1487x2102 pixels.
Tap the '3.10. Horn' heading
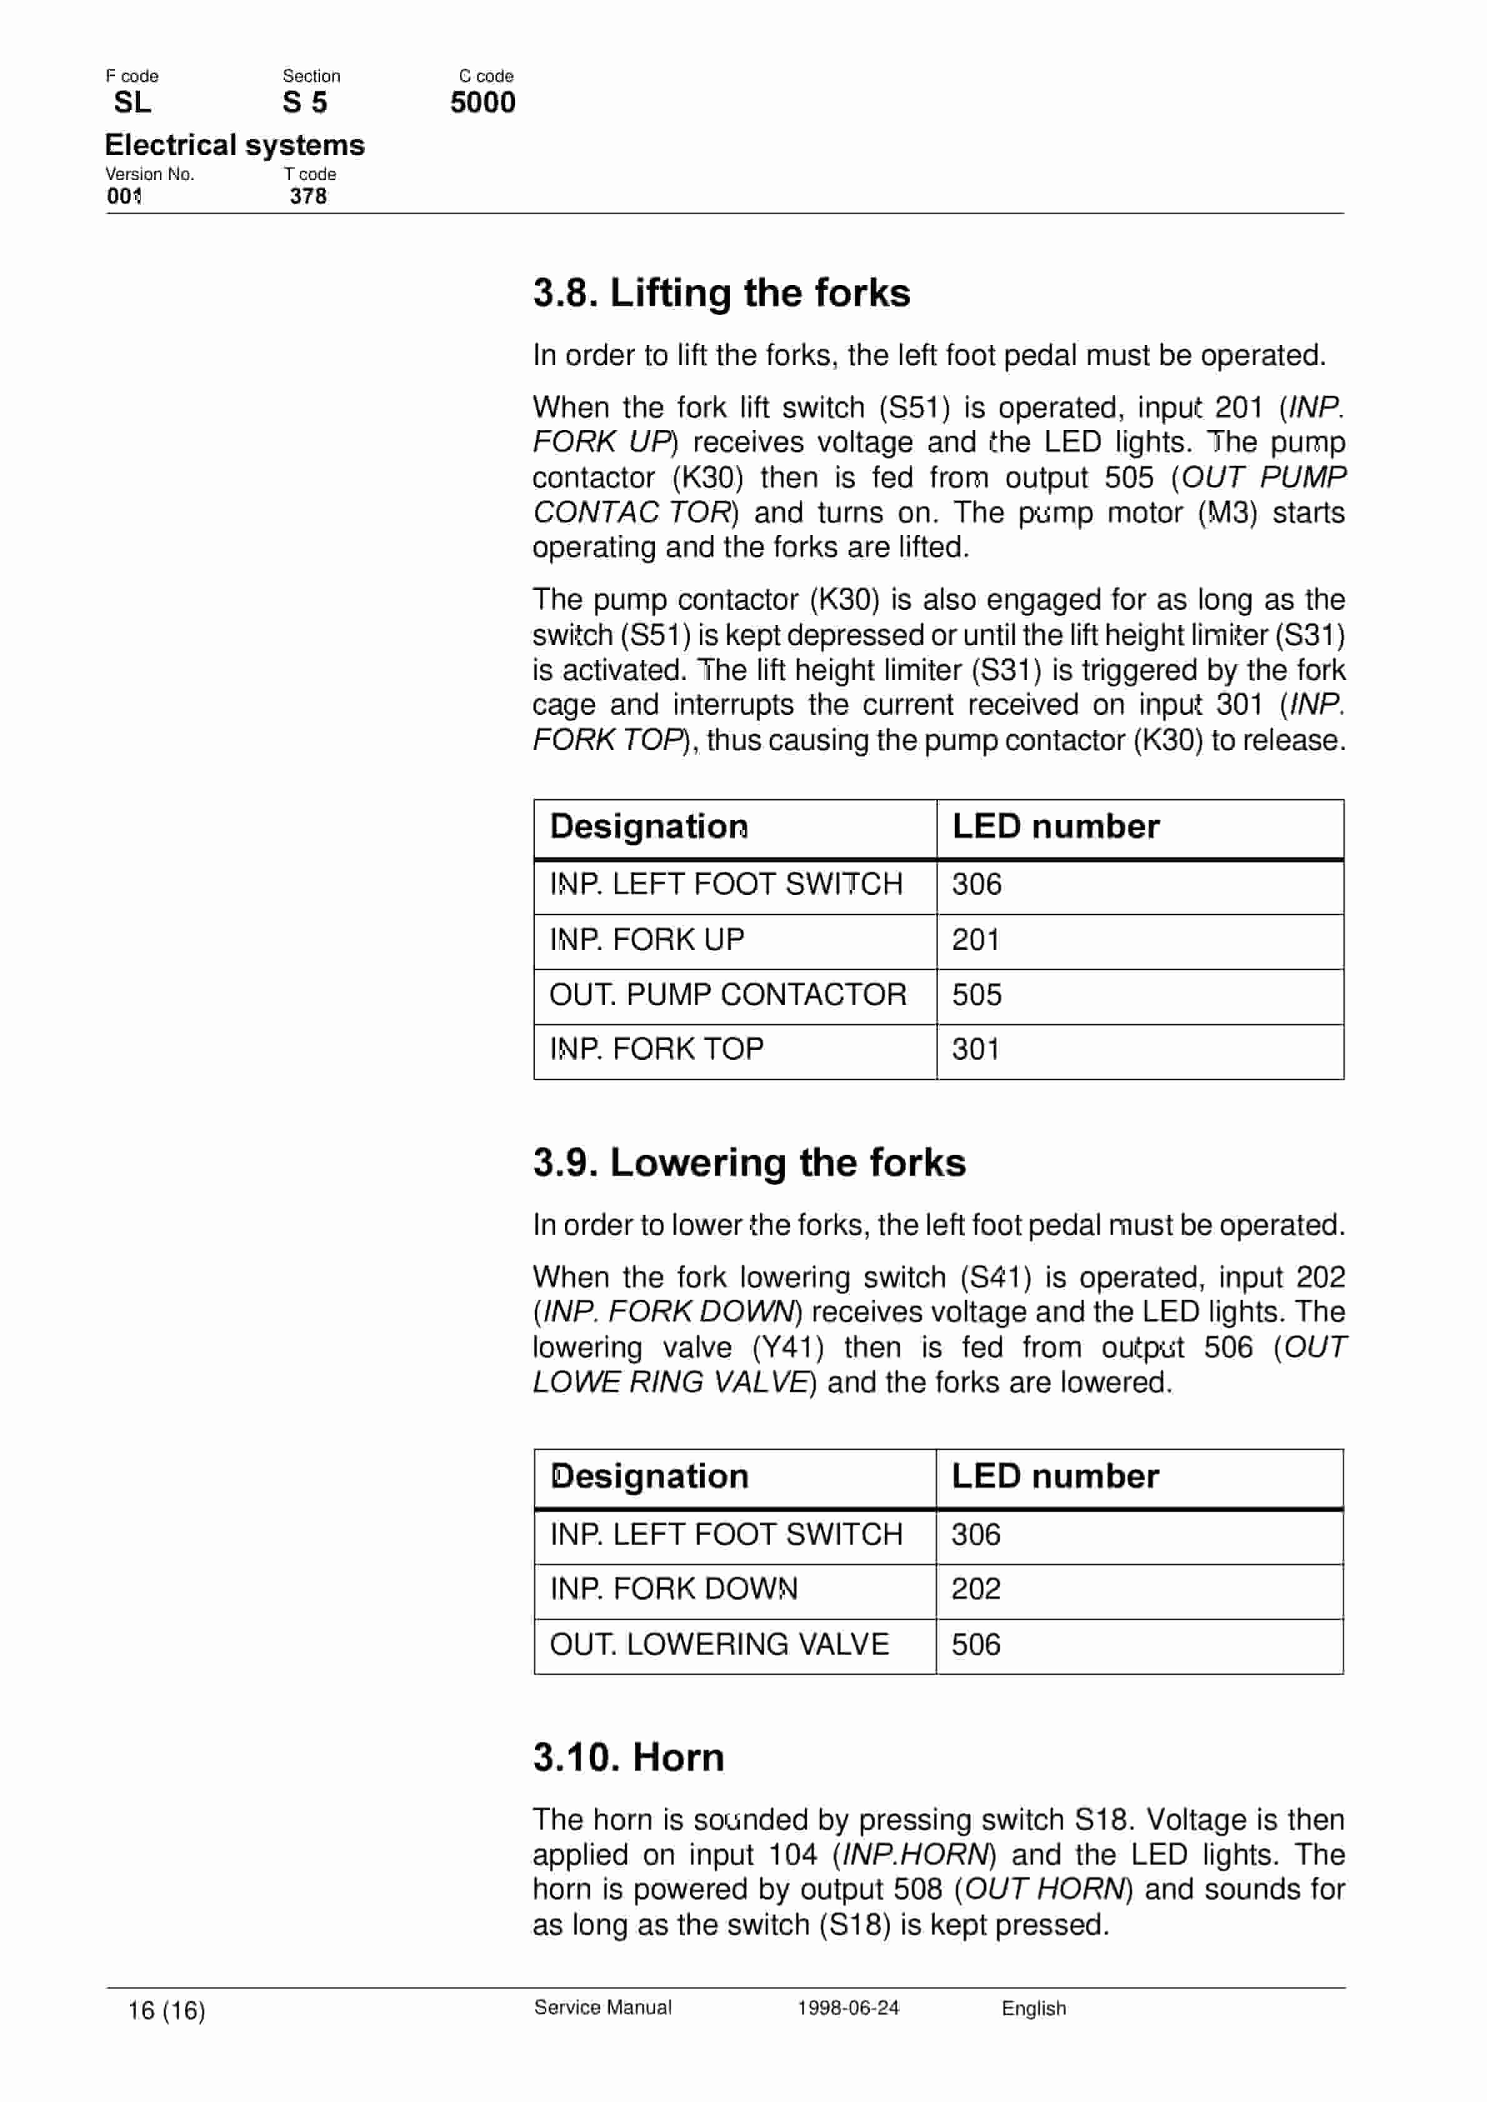[628, 1758]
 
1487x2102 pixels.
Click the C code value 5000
[482, 102]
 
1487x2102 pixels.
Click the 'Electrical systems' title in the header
[234, 144]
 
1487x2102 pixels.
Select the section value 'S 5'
[305, 102]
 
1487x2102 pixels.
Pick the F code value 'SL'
[132, 102]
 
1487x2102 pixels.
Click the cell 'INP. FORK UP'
[647, 939]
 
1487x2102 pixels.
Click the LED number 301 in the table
[975, 1049]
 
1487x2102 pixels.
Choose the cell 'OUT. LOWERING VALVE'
[719, 1644]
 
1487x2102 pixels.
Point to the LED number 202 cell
[975, 1588]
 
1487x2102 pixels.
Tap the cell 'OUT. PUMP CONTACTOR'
[727, 994]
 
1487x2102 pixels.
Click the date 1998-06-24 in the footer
[848, 2008]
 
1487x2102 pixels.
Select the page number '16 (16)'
[167, 2010]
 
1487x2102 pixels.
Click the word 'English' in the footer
[1034, 2008]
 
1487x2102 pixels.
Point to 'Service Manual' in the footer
[602, 2008]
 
